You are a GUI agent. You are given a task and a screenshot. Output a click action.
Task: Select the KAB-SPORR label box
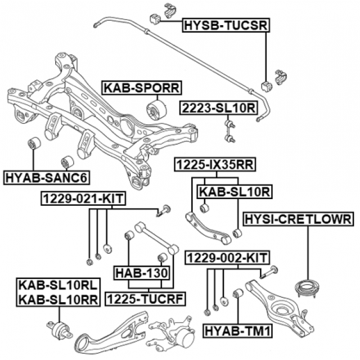tap(141, 88)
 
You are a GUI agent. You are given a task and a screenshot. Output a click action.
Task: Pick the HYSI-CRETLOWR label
tap(297, 218)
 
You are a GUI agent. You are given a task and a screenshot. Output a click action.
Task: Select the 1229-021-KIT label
tap(82, 199)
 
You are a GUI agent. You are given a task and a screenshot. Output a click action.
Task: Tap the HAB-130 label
tap(142, 273)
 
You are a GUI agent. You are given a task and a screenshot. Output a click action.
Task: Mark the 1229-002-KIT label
tap(227, 258)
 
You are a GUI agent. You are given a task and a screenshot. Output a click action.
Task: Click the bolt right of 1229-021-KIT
tap(163, 211)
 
